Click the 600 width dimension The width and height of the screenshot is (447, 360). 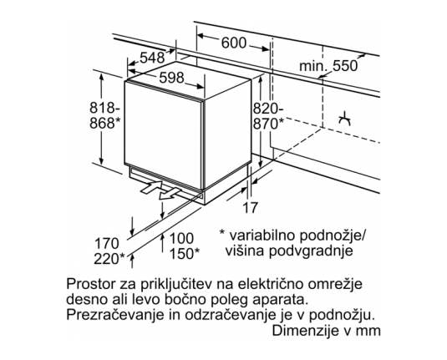233,43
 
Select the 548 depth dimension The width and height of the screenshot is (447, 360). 152,58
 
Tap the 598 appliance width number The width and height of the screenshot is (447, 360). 171,78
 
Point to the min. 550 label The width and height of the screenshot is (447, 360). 328,66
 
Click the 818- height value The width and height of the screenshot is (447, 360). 104,109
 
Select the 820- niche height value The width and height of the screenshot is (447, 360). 268,109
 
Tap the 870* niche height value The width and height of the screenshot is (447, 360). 269,124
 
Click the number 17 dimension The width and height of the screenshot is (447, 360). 250,207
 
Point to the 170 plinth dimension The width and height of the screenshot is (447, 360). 107,244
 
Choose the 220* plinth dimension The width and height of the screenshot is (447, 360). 109,259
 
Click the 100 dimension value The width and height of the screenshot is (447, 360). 181,238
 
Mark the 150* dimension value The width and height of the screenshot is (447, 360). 185,253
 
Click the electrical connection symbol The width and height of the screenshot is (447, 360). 344,119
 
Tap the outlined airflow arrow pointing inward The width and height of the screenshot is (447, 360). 151,188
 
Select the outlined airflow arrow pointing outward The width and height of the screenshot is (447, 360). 170,194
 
